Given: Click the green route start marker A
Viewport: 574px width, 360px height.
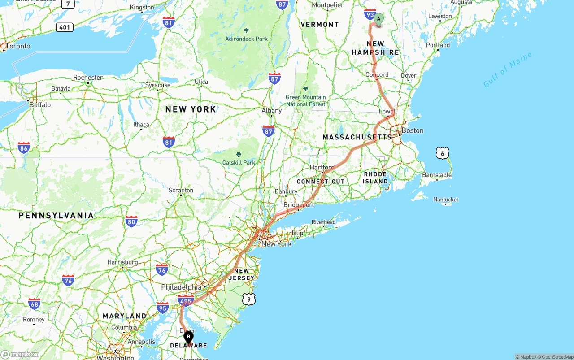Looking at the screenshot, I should [x=379, y=19].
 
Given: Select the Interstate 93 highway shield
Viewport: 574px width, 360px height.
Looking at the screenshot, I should [x=370, y=14].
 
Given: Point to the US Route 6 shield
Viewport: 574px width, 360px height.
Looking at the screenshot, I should [x=442, y=153].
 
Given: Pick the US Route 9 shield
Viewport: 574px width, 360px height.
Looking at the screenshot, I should [x=249, y=299].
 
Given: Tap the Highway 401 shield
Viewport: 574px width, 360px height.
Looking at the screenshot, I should [x=65, y=27].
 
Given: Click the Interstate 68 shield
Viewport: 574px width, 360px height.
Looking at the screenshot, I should [x=34, y=304].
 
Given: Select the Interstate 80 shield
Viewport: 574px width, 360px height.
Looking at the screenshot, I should [x=131, y=221].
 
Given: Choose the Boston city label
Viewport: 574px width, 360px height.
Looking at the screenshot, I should [x=412, y=130].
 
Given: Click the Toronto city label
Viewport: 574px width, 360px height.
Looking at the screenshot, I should [x=18, y=46].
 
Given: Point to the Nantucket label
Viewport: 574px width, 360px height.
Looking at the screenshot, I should [x=446, y=200].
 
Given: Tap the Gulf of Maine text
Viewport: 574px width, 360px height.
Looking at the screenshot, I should [x=508, y=69].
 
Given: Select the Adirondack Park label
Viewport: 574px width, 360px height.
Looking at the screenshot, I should [x=246, y=39].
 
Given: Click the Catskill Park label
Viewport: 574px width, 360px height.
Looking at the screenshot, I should [x=239, y=162].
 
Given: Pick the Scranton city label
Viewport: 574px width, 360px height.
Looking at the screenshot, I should [x=181, y=190].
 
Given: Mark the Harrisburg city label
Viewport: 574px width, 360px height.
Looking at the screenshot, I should [x=122, y=262].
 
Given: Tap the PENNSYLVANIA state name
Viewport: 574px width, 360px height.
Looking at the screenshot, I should [x=56, y=216].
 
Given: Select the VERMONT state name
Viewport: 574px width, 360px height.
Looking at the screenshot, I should [x=320, y=25].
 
